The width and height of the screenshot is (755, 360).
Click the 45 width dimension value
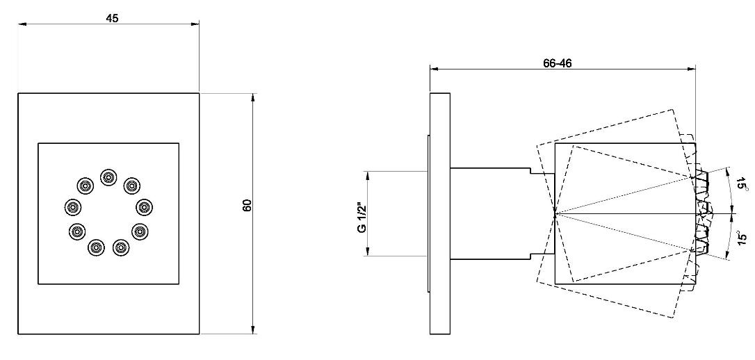pos(112,18)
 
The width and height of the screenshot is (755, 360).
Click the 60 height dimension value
pos(248,206)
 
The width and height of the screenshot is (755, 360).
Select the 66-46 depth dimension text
pos(557,63)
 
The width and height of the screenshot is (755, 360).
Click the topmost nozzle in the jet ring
pos(108,177)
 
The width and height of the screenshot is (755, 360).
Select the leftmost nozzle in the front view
pos(72,207)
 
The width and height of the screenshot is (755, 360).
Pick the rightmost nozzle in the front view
pos(145,207)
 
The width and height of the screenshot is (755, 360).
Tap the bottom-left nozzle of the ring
pos(97,247)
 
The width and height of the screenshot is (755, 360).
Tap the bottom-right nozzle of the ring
pos(121,247)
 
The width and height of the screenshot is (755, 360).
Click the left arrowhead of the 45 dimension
pos(22,24)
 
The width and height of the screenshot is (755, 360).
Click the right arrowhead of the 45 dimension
pos(195,24)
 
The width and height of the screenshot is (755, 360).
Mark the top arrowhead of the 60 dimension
pos(253,97)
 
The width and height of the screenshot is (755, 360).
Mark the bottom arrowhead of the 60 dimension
pos(253,329)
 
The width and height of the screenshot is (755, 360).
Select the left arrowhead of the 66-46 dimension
pos(435,69)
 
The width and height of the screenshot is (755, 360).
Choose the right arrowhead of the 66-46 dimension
pos(692,69)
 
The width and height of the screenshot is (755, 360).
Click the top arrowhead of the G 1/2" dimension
pos(367,175)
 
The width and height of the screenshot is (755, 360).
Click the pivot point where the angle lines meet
pos(555,213)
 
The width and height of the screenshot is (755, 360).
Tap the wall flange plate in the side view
pos(440,213)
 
